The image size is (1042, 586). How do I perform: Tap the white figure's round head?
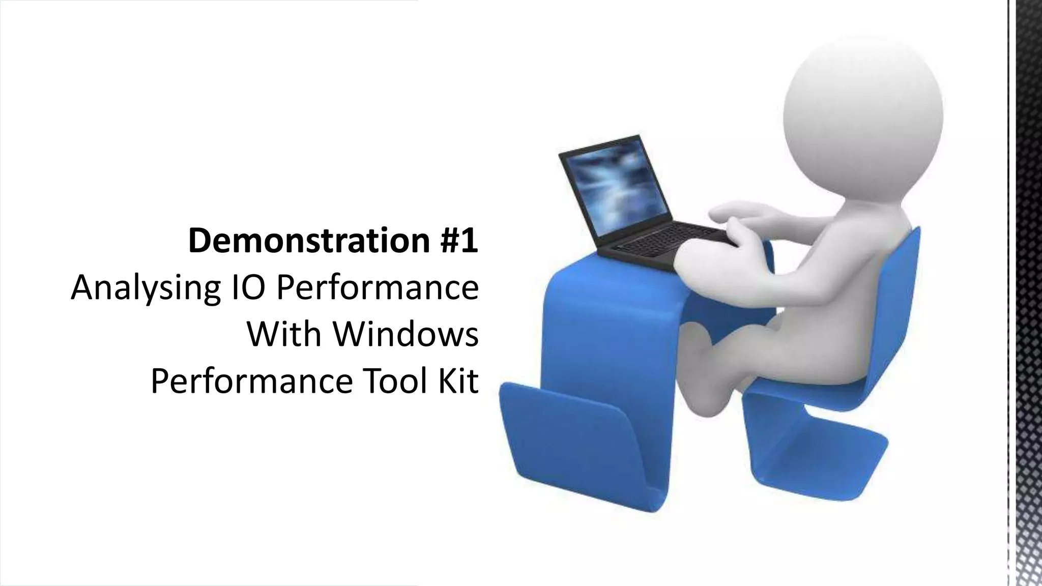pos(862,102)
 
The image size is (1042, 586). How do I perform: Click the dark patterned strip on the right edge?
pos(1028,293)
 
